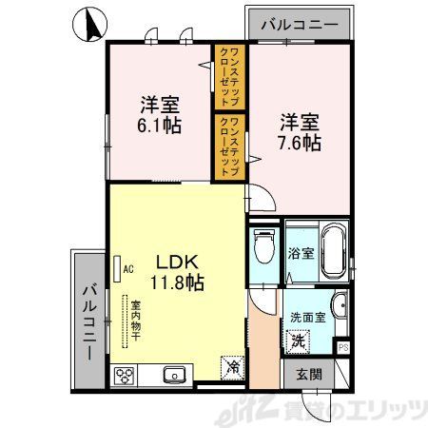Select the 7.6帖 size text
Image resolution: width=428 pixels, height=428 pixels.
click(x=299, y=143)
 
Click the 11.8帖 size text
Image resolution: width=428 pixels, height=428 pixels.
click(x=176, y=282)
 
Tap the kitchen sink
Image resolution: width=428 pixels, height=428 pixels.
click(x=174, y=374)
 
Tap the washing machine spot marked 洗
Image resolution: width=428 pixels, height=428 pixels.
click(x=298, y=340)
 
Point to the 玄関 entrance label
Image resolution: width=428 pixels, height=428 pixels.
click(x=302, y=372)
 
